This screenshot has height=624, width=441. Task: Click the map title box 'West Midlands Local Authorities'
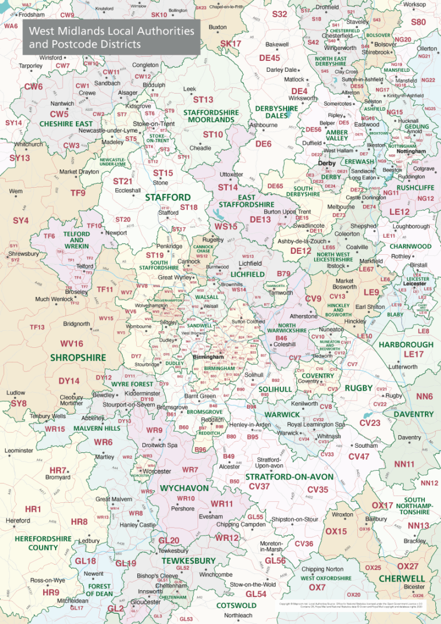tap(111, 37)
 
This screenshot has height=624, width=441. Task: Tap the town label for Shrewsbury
tap(24, 253)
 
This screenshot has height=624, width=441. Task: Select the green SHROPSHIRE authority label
tap(78, 357)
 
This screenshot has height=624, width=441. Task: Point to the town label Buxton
tap(218, 27)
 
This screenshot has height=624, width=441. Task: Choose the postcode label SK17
tap(231, 44)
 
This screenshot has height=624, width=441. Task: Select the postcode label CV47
tap(359, 456)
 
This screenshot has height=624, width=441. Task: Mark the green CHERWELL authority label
tap(402, 579)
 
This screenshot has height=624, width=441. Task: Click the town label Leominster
tap(18, 451)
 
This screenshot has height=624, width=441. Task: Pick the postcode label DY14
tap(69, 381)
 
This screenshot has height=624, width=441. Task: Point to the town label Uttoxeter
tap(231, 174)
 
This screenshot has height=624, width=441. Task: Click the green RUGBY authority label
tap(359, 388)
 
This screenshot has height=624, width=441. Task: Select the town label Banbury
tap(376, 519)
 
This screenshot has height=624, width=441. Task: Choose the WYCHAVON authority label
tap(184, 488)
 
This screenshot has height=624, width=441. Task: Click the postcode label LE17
tap(413, 354)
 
